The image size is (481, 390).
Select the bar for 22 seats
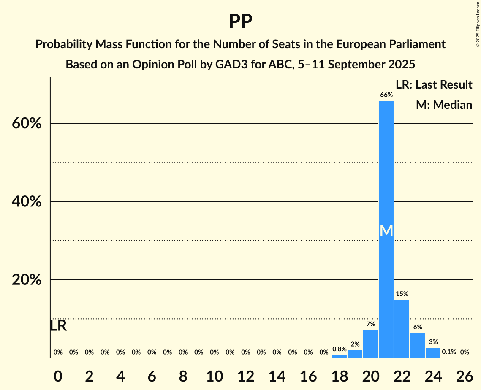[x=402, y=329]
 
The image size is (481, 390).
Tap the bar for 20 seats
[x=370, y=344]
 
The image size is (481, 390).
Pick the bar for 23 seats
[x=417, y=346]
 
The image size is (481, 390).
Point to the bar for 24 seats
[x=433, y=353]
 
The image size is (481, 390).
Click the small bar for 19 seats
[x=355, y=354]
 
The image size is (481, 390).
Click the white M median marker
[x=386, y=230]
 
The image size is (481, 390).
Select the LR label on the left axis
[x=58, y=325]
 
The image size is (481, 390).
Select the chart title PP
[x=240, y=21]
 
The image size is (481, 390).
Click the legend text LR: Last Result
[x=434, y=85]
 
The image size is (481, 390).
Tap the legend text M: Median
[x=444, y=105]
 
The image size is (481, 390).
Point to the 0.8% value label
[x=339, y=349]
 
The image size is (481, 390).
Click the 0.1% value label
[x=448, y=352]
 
